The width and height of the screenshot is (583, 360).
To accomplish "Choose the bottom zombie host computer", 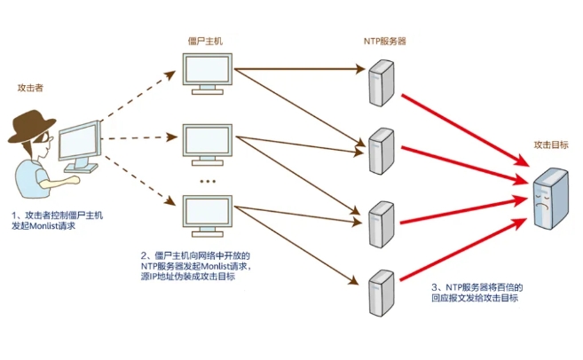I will click(208, 214).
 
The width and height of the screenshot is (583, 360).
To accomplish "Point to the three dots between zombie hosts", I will click(208, 180).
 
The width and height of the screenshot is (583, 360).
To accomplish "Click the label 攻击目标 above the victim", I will click(550, 145).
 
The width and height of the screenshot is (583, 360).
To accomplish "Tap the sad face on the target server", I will click(542, 201).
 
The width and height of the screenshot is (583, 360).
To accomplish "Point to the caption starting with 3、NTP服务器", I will click(477, 293).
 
